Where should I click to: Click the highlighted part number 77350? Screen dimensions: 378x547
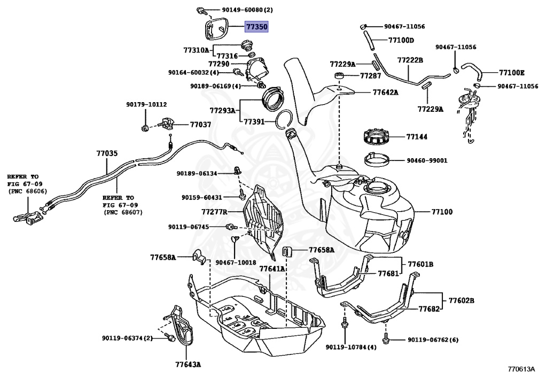pos(256,26)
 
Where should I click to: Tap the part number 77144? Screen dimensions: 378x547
pos(417,137)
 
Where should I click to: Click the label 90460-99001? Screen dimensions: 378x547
pos(427,160)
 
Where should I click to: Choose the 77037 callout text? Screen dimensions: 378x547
pos(200,125)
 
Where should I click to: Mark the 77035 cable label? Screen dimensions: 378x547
pos(107,153)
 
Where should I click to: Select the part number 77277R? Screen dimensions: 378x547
pos(214,212)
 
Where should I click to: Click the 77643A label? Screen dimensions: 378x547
pos(187,365)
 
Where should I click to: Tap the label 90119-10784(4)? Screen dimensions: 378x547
pos(351,348)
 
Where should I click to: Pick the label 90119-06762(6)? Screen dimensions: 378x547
pos(433,340)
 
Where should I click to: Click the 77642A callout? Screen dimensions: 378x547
pos(385,92)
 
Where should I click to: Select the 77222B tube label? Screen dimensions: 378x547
pos(410,60)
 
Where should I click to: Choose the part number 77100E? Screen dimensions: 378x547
pos(512,72)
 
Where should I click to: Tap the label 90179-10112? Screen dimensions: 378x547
pos(146,104)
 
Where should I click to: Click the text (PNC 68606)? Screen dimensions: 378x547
pos(27,191)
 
